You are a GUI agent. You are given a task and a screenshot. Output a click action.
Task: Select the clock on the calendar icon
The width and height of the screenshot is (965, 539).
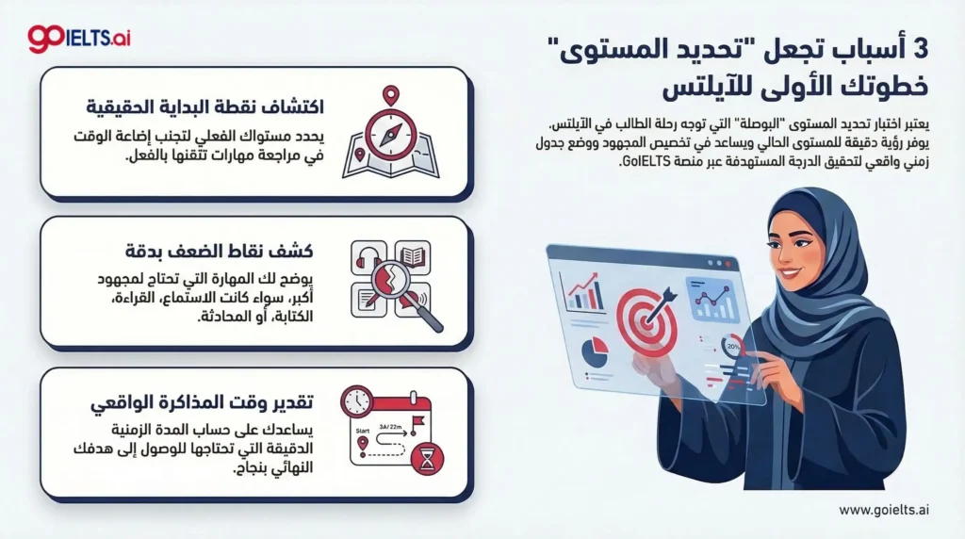click(x=357, y=402)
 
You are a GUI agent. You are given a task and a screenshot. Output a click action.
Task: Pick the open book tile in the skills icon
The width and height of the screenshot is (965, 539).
click(x=412, y=255)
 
